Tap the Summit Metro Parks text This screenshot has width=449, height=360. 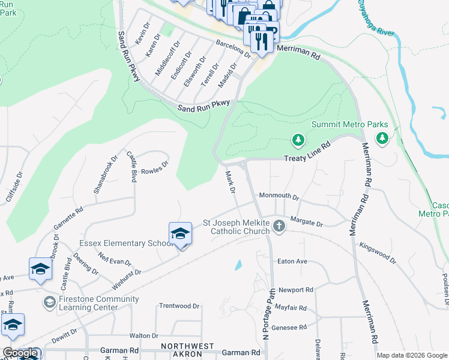click(x=349, y=125)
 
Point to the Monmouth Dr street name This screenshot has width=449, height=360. click(x=279, y=196)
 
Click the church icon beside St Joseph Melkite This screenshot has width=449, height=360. click(x=279, y=226)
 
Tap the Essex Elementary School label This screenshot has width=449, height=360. click(x=123, y=244)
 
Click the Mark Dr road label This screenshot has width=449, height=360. click(x=229, y=182)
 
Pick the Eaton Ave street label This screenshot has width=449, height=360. click(x=292, y=262)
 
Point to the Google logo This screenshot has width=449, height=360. click(x=20, y=353)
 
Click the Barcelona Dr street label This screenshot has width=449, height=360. click(x=233, y=49)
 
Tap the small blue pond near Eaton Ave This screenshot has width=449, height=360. click(x=239, y=264)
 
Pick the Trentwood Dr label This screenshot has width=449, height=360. click(x=179, y=306)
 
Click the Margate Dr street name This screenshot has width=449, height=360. click(x=306, y=223)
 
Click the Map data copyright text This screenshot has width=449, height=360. click(x=411, y=355)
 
